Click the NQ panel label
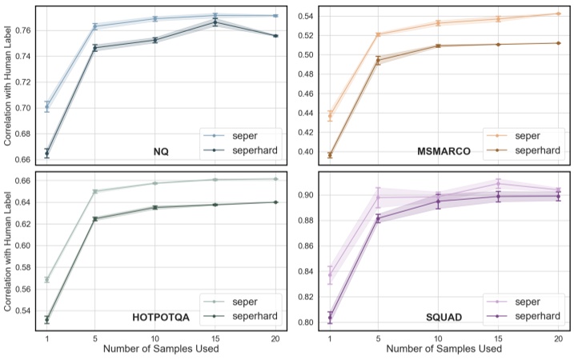tap(160, 151)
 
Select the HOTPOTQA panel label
tap(160, 317)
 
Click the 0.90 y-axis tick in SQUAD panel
tap(304, 195)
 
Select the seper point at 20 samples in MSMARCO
tap(558, 14)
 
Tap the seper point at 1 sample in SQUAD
tap(330, 275)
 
